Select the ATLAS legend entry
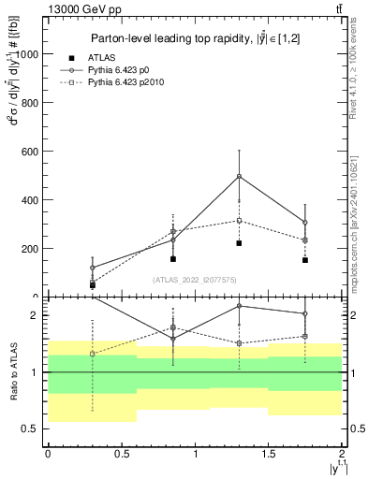(114, 57)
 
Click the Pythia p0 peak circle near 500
(240, 176)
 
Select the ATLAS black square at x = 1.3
(240, 243)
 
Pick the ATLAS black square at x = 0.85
(173, 259)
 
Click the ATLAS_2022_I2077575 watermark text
(193, 279)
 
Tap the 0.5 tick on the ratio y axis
(35, 428)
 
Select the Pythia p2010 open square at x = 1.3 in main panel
(240, 221)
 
